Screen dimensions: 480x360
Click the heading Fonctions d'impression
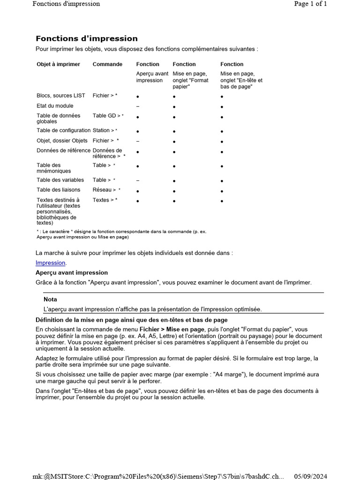click(87, 38)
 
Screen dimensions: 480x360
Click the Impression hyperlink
click(51, 262)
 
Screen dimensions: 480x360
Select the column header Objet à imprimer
click(58, 64)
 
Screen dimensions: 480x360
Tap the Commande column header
click(107, 64)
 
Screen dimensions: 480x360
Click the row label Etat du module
click(55, 105)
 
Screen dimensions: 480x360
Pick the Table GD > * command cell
click(108, 115)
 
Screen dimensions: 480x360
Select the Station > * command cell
click(105, 130)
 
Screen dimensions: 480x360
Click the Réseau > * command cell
click(106, 190)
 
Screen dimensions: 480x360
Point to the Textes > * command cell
click(105, 200)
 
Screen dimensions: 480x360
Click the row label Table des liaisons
click(58, 190)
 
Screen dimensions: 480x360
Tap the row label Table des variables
click(60, 180)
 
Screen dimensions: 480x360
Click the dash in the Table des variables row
click(138, 180)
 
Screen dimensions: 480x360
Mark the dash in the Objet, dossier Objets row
click(138, 141)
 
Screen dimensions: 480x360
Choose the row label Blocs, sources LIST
click(61, 95)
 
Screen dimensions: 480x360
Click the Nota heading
click(50, 299)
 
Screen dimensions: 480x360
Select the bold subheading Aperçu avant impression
click(72, 272)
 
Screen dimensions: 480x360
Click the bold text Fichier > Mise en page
click(172, 330)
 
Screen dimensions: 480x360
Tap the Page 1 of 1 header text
click(310, 4)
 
